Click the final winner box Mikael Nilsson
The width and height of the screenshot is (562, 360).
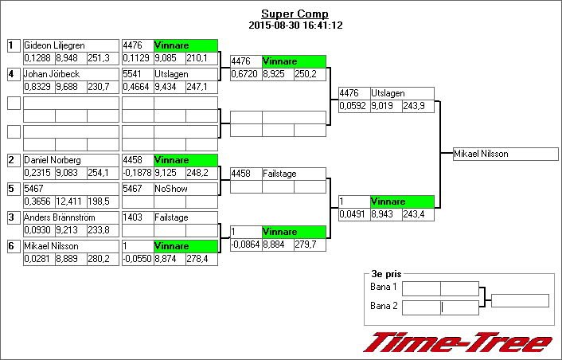point(505,154)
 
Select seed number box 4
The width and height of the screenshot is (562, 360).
point(13,74)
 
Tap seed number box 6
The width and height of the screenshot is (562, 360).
point(13,246)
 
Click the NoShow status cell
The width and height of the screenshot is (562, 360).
point(185,189)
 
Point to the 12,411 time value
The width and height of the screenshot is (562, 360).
point(70,202)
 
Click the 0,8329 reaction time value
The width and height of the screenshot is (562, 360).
point(38,87)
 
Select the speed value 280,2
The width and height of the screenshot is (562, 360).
point(102,259)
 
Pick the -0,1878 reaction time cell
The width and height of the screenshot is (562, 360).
point(137,173)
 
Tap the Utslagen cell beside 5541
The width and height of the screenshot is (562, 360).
point(185,74)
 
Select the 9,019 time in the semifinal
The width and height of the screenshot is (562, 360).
point(385,106)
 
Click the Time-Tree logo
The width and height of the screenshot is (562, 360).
point(458,342)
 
